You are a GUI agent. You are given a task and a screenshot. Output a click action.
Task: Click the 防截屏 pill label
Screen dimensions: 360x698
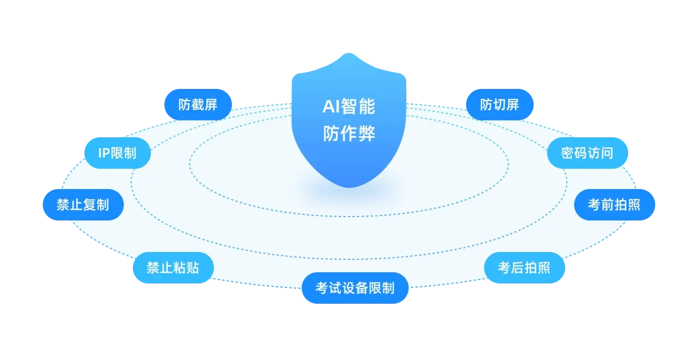[198, 105]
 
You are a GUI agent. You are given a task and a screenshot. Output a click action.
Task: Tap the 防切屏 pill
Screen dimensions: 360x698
[499, 105]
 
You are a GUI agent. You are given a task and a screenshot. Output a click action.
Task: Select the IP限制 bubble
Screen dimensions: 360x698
[118, 152]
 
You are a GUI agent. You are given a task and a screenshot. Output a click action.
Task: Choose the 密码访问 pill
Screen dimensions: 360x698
[587, 152]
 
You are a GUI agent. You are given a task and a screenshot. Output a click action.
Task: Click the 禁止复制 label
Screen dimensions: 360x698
[83, 204]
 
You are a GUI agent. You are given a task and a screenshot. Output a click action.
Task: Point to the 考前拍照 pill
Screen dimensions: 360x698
[614, 204]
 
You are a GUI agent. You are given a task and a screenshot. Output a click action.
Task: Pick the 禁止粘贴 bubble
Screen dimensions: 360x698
[173, 267]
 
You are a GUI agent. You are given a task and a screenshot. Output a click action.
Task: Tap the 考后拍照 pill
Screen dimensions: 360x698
[524, 267]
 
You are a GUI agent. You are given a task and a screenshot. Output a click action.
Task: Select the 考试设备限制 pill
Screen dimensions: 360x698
[355, 288]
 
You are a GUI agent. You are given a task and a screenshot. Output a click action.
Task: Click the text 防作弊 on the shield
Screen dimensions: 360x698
[349, 134]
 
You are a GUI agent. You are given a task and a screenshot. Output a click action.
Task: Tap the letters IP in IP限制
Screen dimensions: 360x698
[104, 152]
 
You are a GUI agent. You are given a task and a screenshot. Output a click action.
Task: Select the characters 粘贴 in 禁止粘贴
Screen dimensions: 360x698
[186, 267]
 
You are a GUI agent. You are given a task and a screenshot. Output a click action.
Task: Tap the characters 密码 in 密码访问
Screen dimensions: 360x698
[574, 152]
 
